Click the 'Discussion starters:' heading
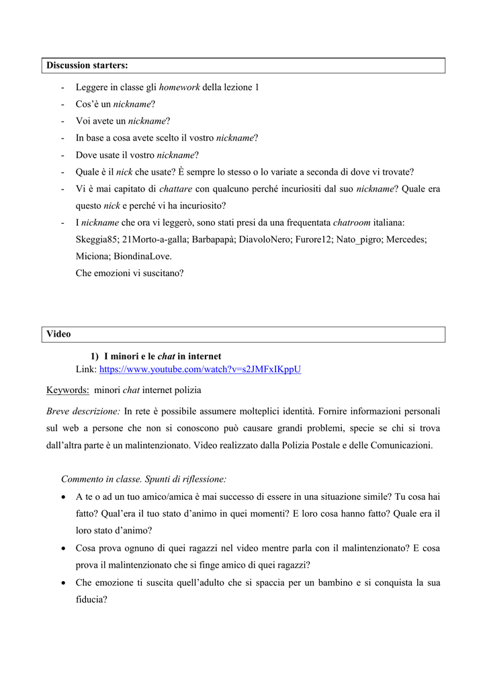tap(87, 65)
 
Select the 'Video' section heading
tap(58, 334)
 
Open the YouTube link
tap(200, 370)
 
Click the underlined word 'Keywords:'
tap(68, 390)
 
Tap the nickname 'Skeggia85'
tap(97, 239)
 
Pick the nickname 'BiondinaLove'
tap(144, 256)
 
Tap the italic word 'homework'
tap(179, 87)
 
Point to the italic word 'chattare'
tap(177, 189)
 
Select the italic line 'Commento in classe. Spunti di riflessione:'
tap(144, 479)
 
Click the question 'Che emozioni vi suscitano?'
tap(130, 273)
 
